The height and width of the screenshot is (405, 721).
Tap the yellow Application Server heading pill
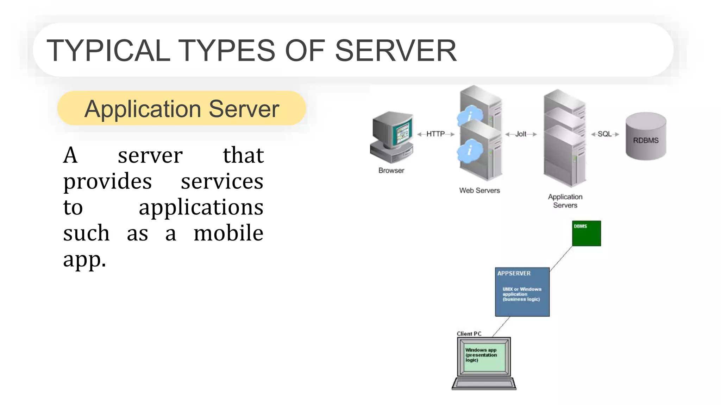coord(181,108)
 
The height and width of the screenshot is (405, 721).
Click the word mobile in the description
coord(228,233)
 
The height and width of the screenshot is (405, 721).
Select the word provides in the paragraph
coord(107,182)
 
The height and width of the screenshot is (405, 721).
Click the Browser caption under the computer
coord(391,171)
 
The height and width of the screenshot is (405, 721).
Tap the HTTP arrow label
coord(435,134)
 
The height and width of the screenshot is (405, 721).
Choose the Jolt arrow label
coord(521,134)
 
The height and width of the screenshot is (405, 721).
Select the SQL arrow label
coord(604,134)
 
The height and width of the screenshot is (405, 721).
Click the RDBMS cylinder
coord(646,137)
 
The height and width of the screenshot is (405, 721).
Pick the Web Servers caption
coord(479,191)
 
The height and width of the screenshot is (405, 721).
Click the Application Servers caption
coord(565,201)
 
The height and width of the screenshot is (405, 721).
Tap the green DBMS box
coord(586,233)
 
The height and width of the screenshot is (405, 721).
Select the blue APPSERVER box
coord(522,292)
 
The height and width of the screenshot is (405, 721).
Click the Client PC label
coord(469,334)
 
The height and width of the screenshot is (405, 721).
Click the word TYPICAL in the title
coord(108,51)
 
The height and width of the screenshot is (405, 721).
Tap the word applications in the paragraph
coord(201,207)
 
